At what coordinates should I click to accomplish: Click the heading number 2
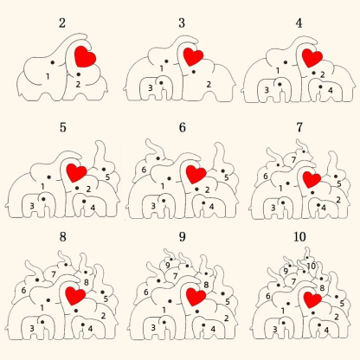coord(61,22)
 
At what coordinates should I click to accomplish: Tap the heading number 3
coord(180,22)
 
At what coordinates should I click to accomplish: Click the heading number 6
coord(182,127)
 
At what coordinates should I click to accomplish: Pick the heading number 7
coord(299,127)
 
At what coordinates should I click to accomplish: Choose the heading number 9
coord(182,235)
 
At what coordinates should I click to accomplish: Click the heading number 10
coord(299,236)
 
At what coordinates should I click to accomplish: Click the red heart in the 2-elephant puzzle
coord(85,57)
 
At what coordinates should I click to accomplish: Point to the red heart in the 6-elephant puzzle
coord(196,172)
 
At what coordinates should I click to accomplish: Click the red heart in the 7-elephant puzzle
coord(311,180)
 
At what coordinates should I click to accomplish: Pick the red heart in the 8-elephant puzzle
coord(74,296)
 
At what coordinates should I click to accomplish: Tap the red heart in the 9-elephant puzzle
coord(196,297)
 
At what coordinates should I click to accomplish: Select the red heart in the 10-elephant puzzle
coord(312,299)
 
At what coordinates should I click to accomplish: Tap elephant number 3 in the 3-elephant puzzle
coord(151,87)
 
